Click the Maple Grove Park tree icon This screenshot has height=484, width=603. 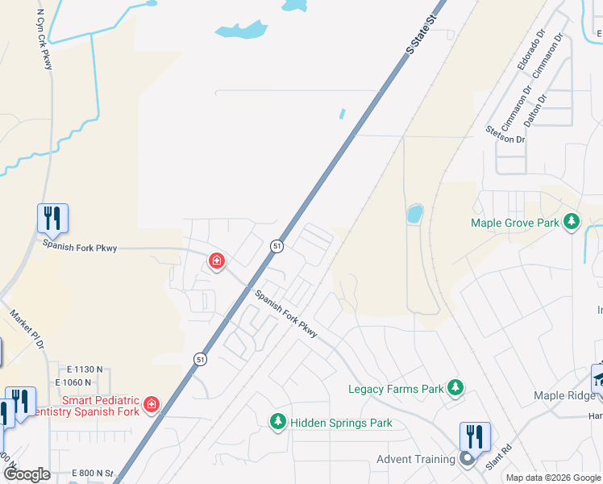click(x=572, y=221)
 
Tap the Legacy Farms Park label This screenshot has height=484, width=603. click(x=396, y=389)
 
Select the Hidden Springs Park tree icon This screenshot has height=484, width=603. click(x=278, y=421)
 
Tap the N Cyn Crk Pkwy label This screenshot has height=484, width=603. click(x=44, y=40)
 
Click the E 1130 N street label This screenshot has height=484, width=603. click(x=79, y=369)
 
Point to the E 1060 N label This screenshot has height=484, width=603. click(x=79, y=382)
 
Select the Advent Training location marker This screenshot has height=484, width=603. click(x=467, y=460)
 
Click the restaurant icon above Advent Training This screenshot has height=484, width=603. click(x=475, y=436)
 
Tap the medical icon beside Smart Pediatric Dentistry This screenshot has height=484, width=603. click(x=152, y=403)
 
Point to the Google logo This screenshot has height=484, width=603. click(x=27, y=474)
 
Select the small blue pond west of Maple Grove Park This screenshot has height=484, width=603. click(x=414, y=214)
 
